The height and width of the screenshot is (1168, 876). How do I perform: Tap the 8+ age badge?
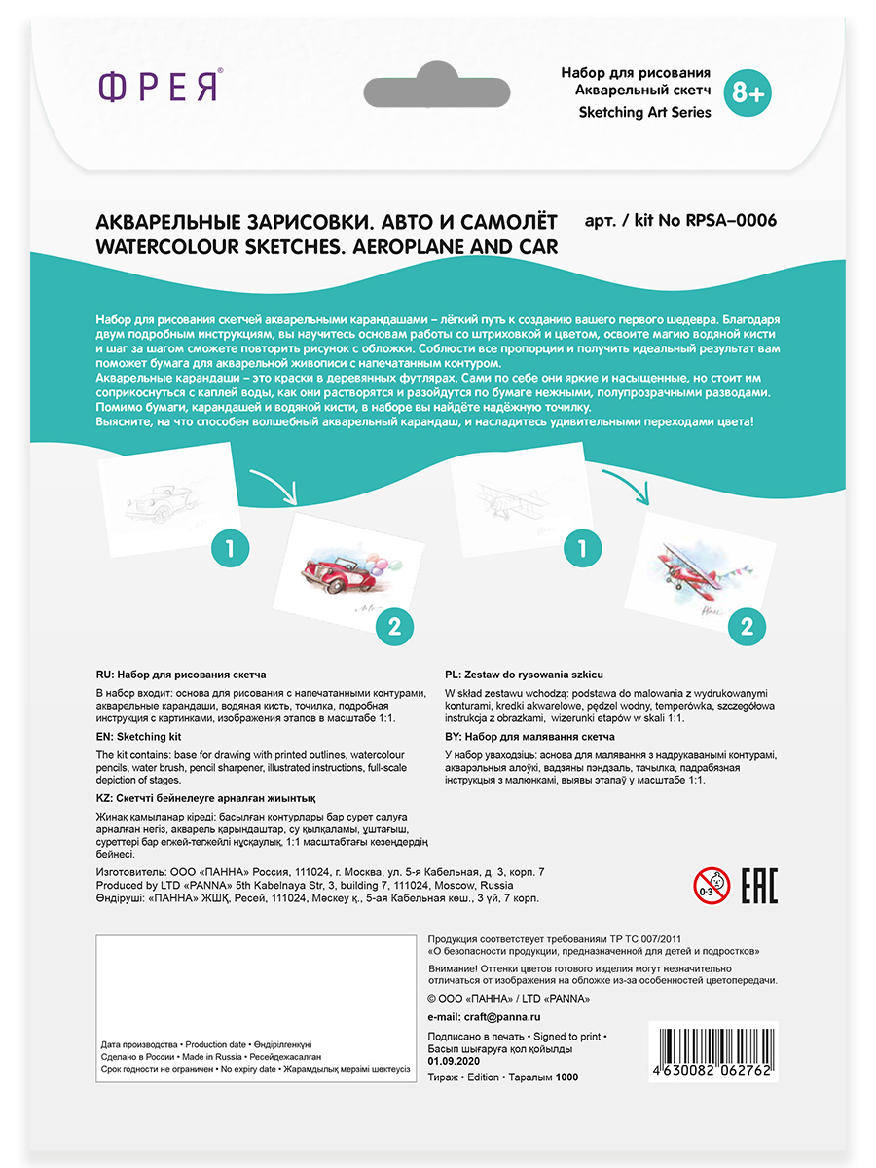coord(749,92)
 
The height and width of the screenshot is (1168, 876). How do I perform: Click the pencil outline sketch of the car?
coord(165,496)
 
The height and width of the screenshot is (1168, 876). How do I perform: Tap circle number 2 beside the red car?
coord(394,628)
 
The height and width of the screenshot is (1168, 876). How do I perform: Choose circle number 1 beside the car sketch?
coord(230,548)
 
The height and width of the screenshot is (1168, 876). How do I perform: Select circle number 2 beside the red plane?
coord(747,626)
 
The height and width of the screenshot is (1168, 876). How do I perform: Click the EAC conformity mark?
coord(759,887)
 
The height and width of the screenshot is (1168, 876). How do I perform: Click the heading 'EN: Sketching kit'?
coord(139,738)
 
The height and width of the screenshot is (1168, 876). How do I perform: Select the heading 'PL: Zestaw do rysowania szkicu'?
coord(524,674)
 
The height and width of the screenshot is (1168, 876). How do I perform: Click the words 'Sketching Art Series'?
coord(644,112)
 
